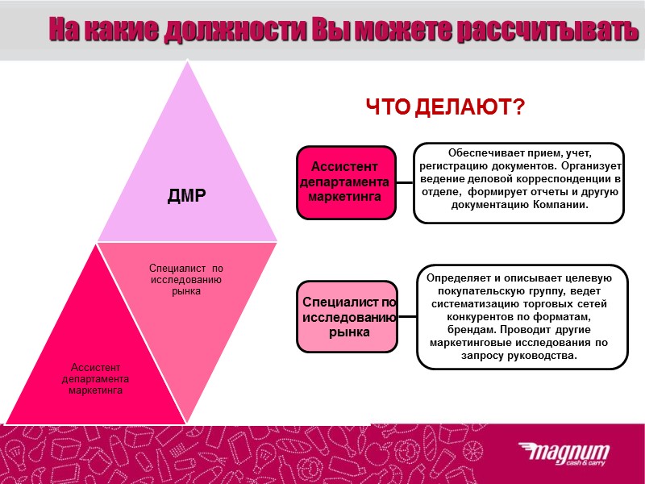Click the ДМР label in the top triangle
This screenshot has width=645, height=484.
tap(186, 194)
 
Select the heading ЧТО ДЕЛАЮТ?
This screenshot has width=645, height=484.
tap(445, 106)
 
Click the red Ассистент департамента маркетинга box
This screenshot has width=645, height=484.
tap(345, 181)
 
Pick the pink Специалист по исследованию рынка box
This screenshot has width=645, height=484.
tap(347, 316)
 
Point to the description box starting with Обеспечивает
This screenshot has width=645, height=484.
tap(518, 182)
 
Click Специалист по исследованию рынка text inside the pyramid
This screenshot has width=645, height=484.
tap(186, 278)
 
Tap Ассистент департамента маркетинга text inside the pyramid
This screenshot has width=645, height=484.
tap(96, 378)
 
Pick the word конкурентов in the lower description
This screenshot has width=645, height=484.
tap(463, 317)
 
